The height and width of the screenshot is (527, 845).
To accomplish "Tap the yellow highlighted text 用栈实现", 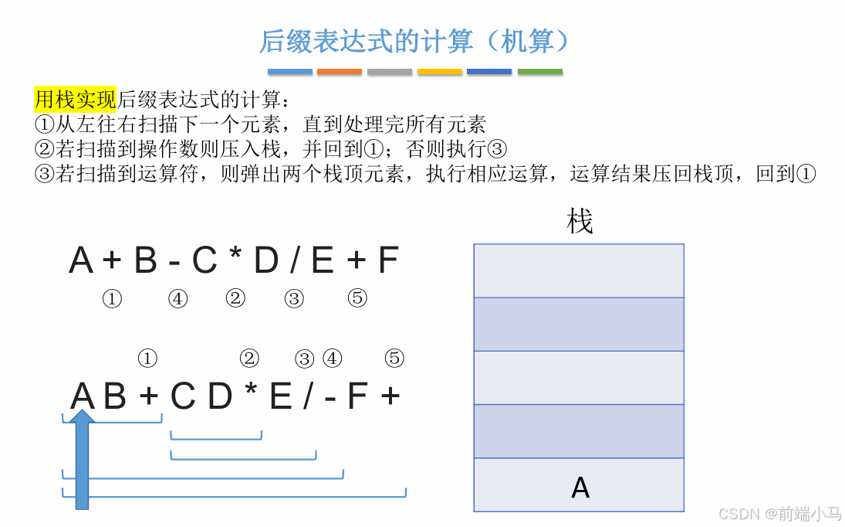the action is point(75,99).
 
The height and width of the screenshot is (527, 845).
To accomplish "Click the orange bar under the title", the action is point(339,72).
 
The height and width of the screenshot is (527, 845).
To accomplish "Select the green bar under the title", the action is point(539,72).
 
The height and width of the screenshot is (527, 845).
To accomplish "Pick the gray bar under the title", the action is point(390,72).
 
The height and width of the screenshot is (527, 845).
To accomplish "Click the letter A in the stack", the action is point(580,488).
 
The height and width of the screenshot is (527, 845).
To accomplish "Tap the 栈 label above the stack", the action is point(580,222).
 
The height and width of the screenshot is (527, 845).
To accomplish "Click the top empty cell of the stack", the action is point(579,270).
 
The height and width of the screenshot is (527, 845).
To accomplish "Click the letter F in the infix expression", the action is point(387,261).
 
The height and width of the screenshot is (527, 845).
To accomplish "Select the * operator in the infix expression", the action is point(235,260).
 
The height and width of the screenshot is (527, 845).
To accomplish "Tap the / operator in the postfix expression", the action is point(308,397).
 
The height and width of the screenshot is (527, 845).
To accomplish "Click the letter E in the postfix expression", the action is point(280,397).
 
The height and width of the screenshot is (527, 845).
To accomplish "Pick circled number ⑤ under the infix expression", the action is point(357,298).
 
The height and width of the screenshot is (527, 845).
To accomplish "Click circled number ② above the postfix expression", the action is point(248,358).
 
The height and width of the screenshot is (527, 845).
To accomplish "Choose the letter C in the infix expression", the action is point(204,261).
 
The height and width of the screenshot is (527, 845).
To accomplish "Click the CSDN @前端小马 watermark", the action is point(779,514).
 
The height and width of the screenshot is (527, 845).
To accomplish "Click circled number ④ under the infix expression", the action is point(177,299).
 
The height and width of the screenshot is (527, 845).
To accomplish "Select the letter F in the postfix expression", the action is point(357,397).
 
